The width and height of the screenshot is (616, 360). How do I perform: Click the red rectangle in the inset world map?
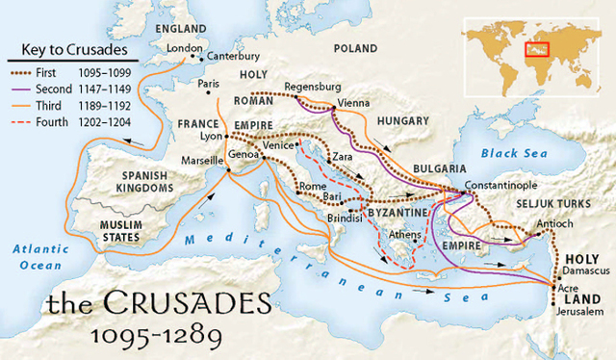tap(536, 45)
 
